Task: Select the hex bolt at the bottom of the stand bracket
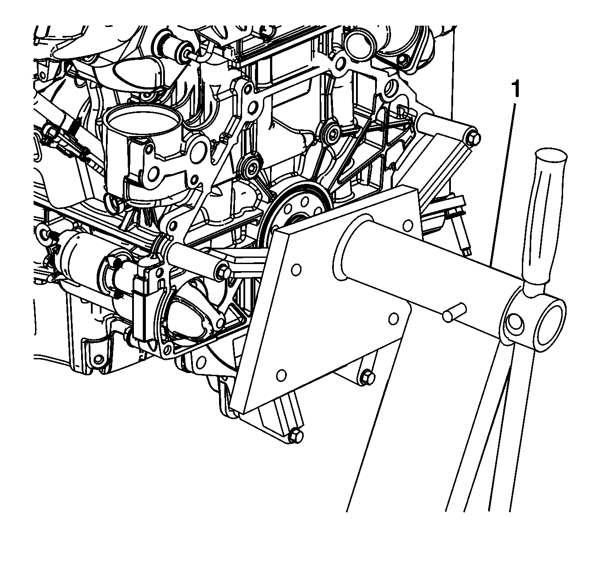tap(295, 437)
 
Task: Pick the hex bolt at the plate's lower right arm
tap(368, 377)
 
